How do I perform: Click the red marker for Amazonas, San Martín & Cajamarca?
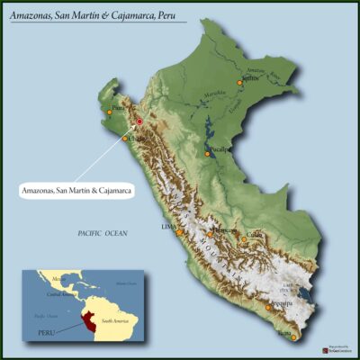coord(139,121)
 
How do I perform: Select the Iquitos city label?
coord(252,78)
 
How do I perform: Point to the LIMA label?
coord(167,227)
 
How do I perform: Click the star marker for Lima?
coord(179,232)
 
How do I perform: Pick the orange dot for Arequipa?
coord(269,306)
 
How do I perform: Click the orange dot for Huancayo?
coord(210,235)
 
